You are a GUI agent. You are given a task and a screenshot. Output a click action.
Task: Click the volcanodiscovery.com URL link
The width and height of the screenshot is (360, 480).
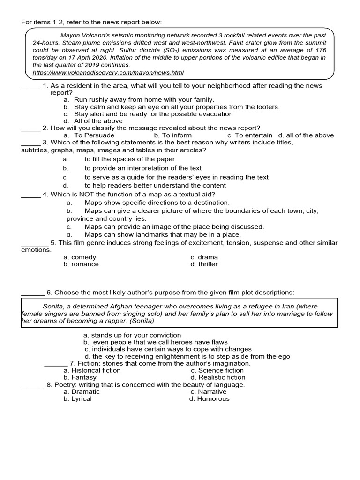click(108, 73)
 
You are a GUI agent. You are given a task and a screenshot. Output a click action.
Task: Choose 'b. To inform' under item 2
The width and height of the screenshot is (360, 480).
click(172, 135)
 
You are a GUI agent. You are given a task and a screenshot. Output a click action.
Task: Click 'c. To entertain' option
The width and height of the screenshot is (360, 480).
click(249, 135)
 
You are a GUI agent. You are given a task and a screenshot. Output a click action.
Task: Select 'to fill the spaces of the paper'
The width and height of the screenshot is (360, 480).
click(130, 159)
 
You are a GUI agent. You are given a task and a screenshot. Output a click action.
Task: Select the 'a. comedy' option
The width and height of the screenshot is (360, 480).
click(80, 257)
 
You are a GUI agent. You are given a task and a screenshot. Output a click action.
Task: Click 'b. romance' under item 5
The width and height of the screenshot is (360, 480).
click(81, 264)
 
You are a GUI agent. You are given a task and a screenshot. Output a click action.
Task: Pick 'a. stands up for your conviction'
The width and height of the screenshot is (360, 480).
click(132, 335)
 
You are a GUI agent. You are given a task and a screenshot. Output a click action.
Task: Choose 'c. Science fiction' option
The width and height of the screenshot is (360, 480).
click(217, 370)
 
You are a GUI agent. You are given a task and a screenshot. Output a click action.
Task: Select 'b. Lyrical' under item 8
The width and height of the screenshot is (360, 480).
click(77, 399)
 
